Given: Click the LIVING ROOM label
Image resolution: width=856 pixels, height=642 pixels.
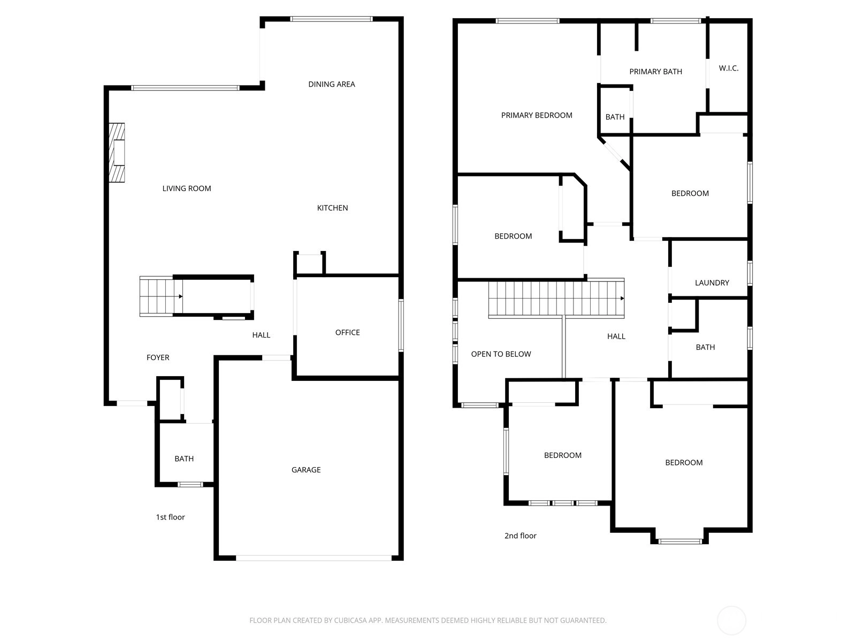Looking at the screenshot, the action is (186, 188).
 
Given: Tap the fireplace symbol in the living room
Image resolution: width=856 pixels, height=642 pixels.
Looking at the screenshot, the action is (117, 152).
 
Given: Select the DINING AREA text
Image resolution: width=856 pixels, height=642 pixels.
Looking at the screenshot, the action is (332, 84).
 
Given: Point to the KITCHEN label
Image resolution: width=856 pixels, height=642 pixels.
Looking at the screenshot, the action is (332, 208).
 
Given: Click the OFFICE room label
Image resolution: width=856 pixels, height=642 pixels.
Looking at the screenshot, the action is (347, 332).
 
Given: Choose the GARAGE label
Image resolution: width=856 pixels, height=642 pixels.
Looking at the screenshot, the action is (305, 470).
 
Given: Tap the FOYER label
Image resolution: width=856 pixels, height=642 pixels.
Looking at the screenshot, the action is (158, 357).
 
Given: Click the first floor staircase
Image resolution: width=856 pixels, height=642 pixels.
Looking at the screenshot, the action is (161, 296).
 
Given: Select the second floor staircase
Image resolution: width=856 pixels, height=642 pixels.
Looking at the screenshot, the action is (556, 298).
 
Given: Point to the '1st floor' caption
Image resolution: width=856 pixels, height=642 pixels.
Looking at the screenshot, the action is (171, 517).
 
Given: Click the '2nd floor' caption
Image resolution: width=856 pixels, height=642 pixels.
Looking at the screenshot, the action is (520, 536).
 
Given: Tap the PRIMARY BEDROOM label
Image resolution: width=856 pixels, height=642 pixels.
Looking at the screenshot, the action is (537, 116).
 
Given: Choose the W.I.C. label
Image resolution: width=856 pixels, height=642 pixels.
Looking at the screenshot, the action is (729, 68).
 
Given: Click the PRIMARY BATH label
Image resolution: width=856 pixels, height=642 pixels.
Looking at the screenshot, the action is (655, 72).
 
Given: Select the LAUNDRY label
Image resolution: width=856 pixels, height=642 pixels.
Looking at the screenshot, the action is (712, 283).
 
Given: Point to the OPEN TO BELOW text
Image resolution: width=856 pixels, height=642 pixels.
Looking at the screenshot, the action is (501, 354).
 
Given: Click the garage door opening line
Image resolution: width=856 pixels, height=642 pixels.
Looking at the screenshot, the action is (314, 558).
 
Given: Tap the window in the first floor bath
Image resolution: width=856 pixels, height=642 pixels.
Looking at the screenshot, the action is (190, 485).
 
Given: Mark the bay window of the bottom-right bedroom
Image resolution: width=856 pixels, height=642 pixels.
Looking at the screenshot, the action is (680, 541).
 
